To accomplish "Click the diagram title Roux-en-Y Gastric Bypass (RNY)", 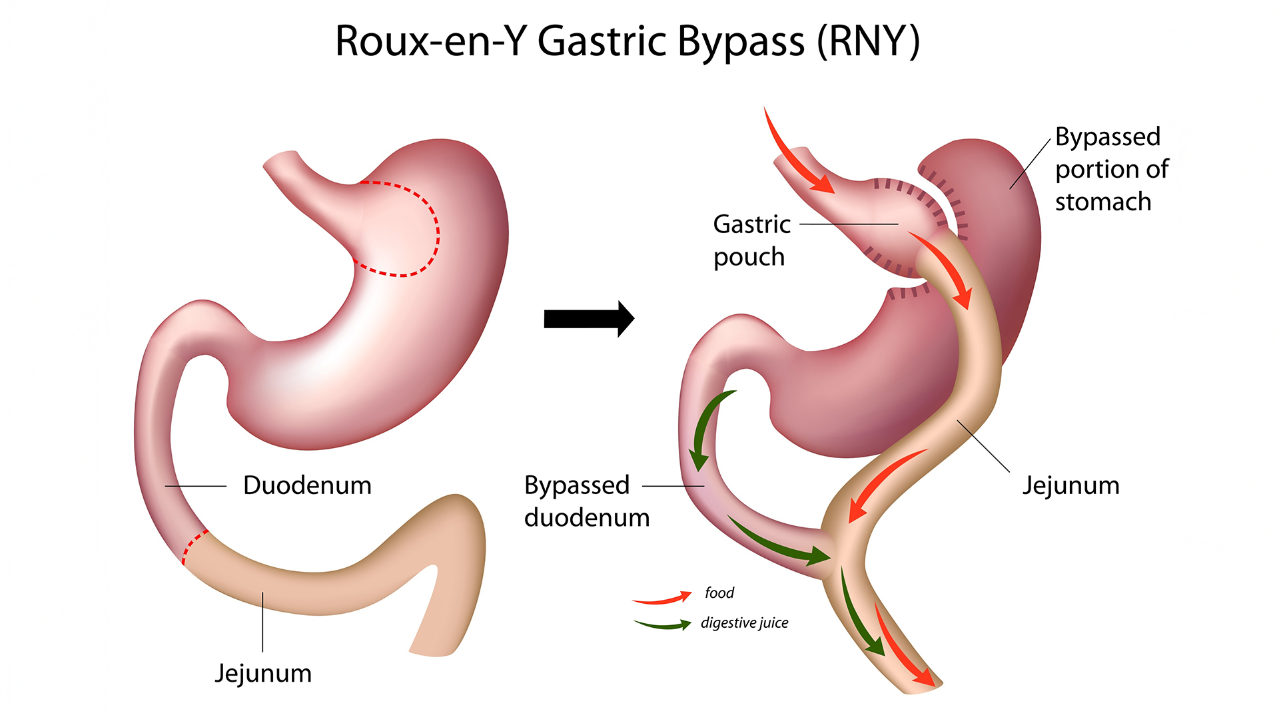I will (627, 41).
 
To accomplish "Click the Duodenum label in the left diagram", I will (307, 485).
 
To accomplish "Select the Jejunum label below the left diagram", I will (262, 673).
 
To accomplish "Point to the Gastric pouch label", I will (751, 240).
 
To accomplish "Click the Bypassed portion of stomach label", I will (1111, 169).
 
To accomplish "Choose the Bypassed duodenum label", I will (586, 501).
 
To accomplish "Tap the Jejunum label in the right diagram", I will (1070, 485).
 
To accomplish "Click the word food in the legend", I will (719, 593).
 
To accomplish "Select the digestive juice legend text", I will (744, 622).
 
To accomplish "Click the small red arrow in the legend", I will (663, 598).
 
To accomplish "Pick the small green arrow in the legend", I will (663, 625).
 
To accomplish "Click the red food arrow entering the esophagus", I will (796, 154).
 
